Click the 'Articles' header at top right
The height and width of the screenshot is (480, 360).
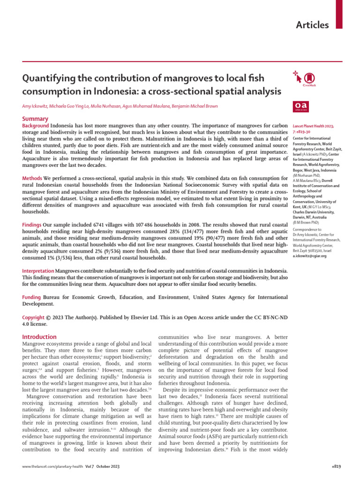pos(312,25)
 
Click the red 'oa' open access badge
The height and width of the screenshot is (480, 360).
pos(299,106)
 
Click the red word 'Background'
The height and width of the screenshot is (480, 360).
pos(36,126)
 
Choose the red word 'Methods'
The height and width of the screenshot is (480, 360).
pos(32,179)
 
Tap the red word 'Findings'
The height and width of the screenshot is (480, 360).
pos(33,212)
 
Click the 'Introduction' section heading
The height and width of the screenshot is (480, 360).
pos(39,337)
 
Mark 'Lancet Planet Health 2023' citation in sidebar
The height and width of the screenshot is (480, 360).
pos(313,127)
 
